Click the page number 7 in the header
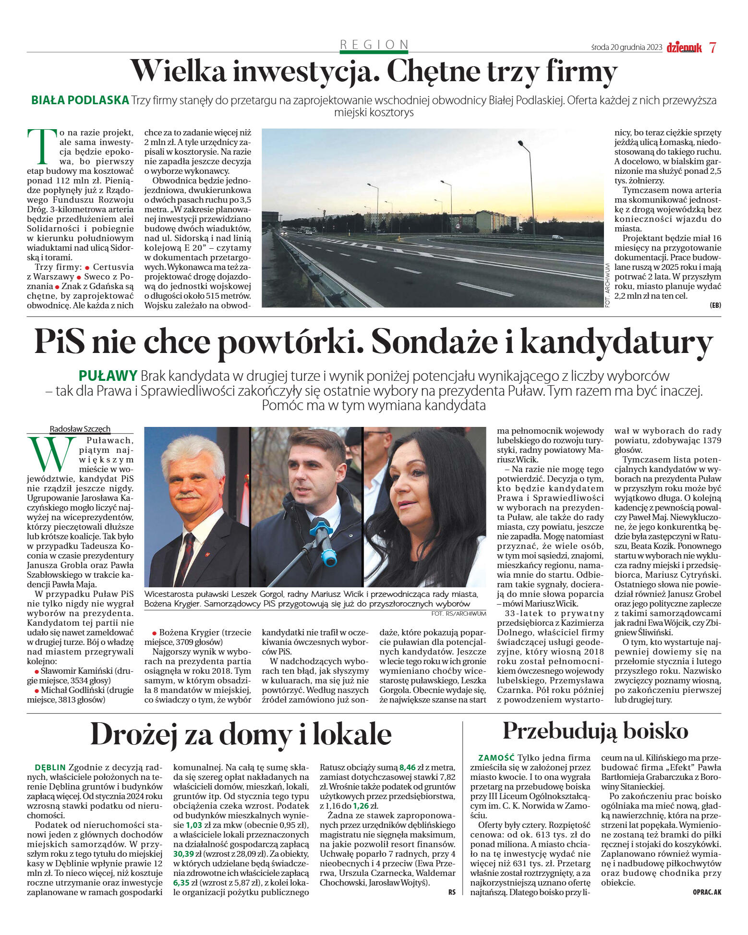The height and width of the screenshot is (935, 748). (x=712, y=48)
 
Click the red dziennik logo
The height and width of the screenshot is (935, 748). (x=684, y=48)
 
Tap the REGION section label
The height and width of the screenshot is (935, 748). (x=374, y=45)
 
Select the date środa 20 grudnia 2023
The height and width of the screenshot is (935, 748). (x=627, y=48)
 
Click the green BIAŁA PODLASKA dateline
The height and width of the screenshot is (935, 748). (x=80, y=100)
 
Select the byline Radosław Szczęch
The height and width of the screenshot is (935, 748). (x=80, y=429)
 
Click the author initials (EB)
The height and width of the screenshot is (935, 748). (x=715, y=305)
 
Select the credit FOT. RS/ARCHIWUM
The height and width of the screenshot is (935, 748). (x=458, y=614)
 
